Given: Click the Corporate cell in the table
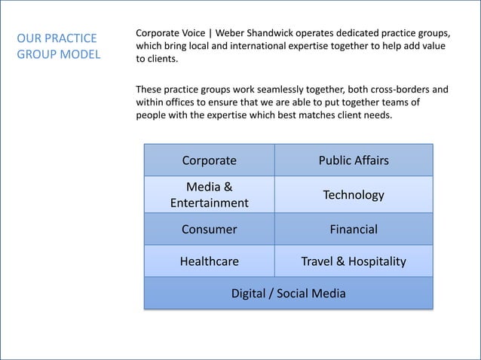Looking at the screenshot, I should pyautogui.click(x=209, y=160).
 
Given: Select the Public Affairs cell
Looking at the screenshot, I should pyautogui.click(x=354, y=160).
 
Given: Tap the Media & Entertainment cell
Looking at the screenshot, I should pyautogui.click(x=209, y=194).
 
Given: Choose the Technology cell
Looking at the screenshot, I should pyautogui.click(x=354, y=195).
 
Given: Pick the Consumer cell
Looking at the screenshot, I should pyautogui.click(x=209, y=229).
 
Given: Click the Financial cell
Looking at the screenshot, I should pyautogui.click(x=354, y=229).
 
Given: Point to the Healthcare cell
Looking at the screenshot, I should pyautogui.click(x=209, y=261).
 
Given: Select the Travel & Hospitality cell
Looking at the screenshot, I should pyautogui.click(x=354, y=261).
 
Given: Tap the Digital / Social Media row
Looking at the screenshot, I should pyautogui.click(x=288, y=293).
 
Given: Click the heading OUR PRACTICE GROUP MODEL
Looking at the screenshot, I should pyautogui.click(x=58, y=46).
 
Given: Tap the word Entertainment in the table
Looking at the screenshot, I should pyautogui.click(x=209, y=203).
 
